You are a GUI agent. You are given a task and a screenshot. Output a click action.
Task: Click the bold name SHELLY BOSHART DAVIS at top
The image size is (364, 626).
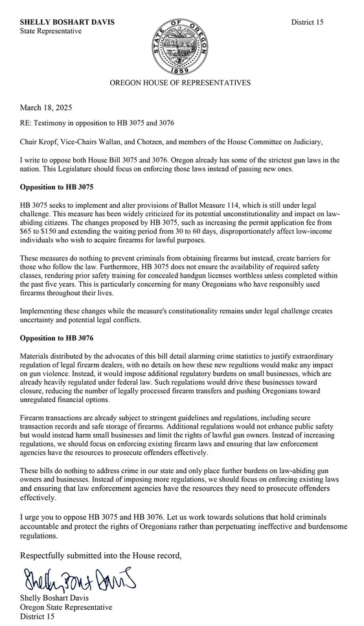pos(67,22)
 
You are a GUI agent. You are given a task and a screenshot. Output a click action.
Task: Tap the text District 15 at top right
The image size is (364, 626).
pos(307,22)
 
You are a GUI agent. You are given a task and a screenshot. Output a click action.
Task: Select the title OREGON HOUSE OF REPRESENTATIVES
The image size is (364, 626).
pos(179,83)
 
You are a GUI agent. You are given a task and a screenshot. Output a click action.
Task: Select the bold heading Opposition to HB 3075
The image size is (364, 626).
pos(57,187)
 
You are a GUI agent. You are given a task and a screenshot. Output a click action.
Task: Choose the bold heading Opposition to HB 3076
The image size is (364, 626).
pos(57,338)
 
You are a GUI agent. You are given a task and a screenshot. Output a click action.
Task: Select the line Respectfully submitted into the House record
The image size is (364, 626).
pos(101,555)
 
